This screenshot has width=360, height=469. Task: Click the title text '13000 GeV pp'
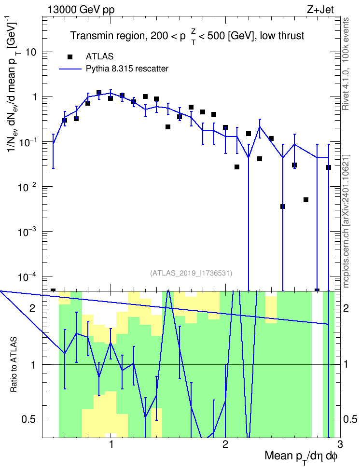pos(81,10)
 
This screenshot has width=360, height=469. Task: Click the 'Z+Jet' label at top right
pos(320,10)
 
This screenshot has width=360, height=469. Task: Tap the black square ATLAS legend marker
pos(70,56)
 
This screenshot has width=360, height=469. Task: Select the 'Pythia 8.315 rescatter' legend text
pos(127,69)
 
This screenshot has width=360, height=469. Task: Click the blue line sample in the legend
pos(70,69)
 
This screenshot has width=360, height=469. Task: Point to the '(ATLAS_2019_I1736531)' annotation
pos(191,273)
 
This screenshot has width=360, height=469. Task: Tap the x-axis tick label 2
pos(225,444)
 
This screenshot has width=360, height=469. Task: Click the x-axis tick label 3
pos(340,444)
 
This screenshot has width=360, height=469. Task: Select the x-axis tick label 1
pos(111,444)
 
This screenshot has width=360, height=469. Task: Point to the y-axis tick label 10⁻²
pos(28,187)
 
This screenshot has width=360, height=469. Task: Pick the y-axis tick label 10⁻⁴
pos(28,276)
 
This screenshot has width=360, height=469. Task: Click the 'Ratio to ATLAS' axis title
pos(14,364)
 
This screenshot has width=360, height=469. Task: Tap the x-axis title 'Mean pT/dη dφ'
pos(301,456)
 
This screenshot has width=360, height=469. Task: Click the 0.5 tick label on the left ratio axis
pos(29,420)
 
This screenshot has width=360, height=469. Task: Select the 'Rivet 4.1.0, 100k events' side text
pos(346,64)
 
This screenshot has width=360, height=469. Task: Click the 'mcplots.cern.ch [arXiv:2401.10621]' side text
pos(346,221)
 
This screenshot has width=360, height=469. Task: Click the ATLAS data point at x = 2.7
pos(306,200)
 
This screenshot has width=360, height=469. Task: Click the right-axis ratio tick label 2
pos(346,308)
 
